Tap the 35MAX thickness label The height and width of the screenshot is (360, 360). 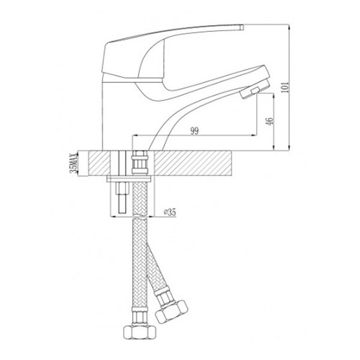pos(74,163)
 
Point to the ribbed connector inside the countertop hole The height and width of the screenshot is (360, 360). pos(140,164)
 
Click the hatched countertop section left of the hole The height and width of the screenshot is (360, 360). pos(102,163)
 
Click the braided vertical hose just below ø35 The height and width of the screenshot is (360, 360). pos(140,240)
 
